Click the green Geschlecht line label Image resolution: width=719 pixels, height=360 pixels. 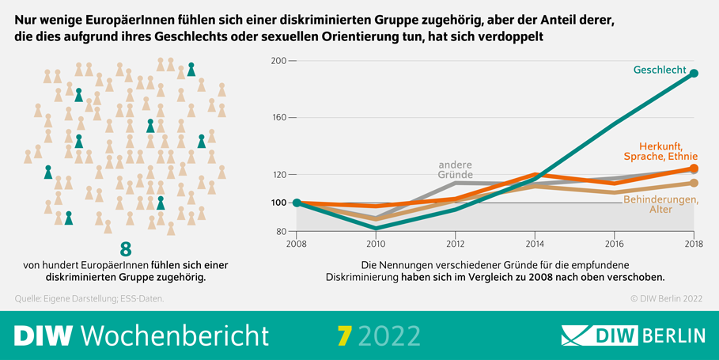pos(660,70)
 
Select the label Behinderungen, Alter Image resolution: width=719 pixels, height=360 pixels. pos(660,204)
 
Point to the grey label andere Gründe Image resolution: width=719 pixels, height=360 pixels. pos(455,169)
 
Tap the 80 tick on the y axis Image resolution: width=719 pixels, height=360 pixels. pos(278,232)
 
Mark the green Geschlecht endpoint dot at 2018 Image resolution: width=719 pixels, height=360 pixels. pos(694,74)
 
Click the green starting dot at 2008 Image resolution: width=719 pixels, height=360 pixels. pos(297,203)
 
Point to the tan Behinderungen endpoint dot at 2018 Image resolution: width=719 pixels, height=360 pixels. pos(694,184)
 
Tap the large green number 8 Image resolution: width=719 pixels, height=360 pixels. pos(125,247)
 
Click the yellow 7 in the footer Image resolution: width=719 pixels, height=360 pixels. pos(343,335)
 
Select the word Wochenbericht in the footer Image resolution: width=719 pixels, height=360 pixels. pos(176,335)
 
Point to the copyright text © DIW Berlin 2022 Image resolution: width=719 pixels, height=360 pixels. pos(666,298)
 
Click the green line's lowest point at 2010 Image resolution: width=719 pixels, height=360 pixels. pos(376,228)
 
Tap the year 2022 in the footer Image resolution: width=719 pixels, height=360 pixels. pos(389,335)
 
